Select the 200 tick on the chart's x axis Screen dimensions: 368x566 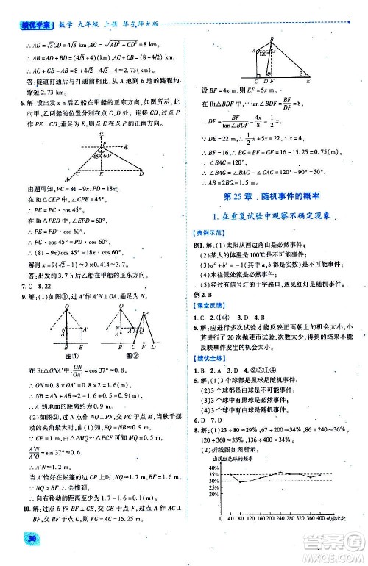(276, 520)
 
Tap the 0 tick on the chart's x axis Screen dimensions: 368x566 (221, 520)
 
